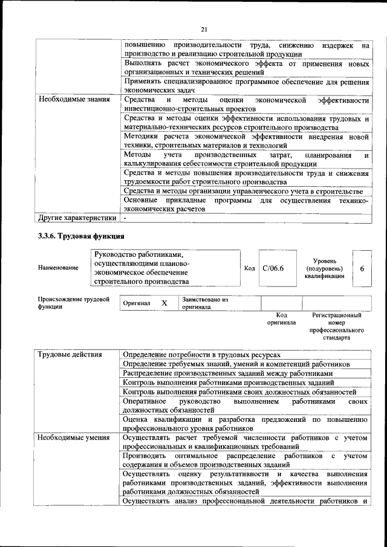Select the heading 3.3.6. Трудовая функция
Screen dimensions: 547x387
click(x=82, y=236)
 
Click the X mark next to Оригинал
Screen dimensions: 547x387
click(x=164, y=303)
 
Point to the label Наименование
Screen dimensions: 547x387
click(x=58, y=268)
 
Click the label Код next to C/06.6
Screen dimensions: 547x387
click(x=249, y=268)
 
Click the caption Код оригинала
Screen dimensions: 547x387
click(x=281, y=319)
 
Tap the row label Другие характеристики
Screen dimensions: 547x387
click(x=77, y=217)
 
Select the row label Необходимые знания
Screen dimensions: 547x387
click(x=74, y=99)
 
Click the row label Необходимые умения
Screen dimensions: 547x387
click(x=73, y=437)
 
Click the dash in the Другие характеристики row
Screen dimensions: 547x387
click(x=125, y=217)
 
